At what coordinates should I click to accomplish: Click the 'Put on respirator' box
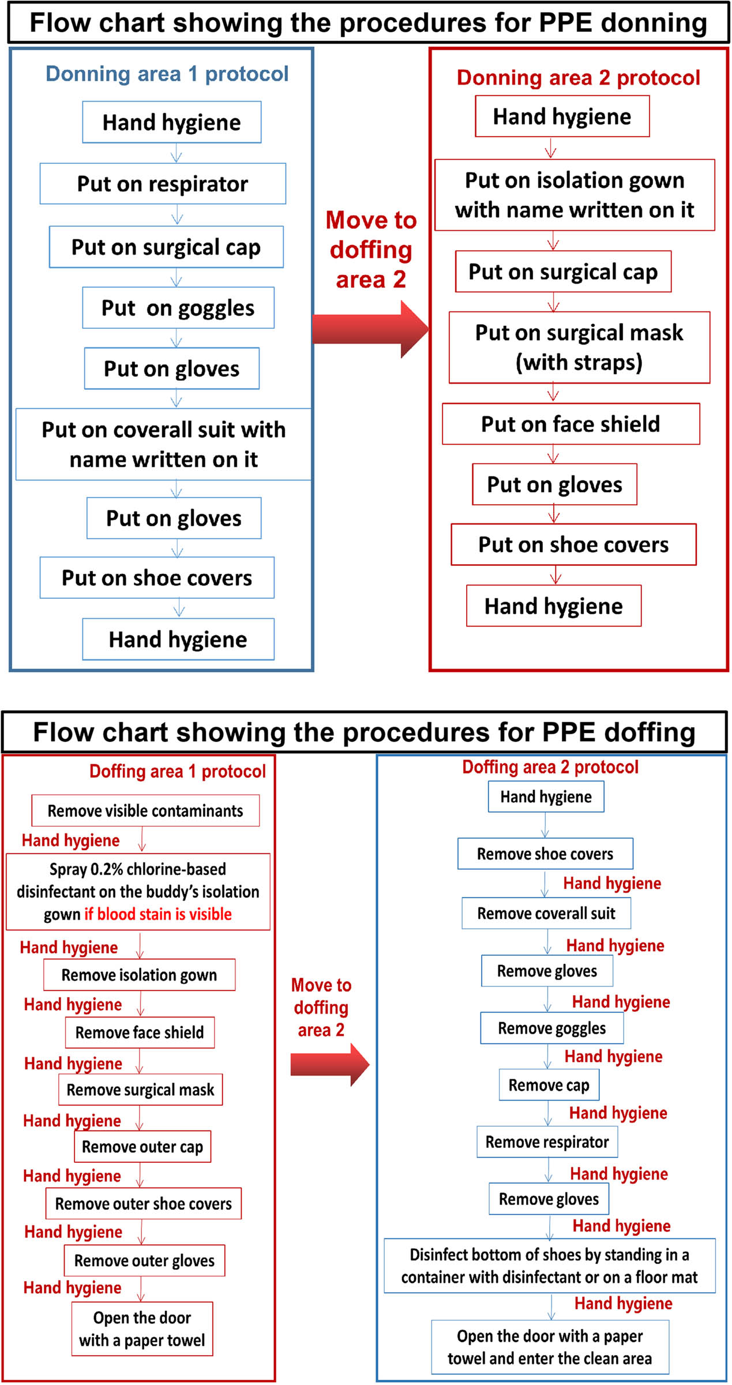163,183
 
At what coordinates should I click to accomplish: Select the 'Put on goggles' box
178,307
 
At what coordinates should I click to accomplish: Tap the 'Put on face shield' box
570,423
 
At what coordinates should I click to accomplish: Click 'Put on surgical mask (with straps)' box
579,347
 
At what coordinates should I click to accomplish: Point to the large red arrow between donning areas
369,329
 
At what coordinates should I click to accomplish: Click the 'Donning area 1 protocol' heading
167,74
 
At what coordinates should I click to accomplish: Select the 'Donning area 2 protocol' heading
578,77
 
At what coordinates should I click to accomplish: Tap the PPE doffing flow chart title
364,732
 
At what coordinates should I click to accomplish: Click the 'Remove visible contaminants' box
145,810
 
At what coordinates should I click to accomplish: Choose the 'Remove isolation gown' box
139,975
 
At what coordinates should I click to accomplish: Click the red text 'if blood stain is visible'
158,914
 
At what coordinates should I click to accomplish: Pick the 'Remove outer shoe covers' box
143,1204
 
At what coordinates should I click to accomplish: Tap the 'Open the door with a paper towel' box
142,1329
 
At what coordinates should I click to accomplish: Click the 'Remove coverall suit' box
546,913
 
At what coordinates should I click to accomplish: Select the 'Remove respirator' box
547,1142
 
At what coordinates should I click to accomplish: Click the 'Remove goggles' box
551,1028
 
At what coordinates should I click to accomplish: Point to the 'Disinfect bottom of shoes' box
549,1266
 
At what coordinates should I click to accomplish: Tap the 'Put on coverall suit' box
163,444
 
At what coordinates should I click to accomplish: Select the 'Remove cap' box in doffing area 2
549,1085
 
